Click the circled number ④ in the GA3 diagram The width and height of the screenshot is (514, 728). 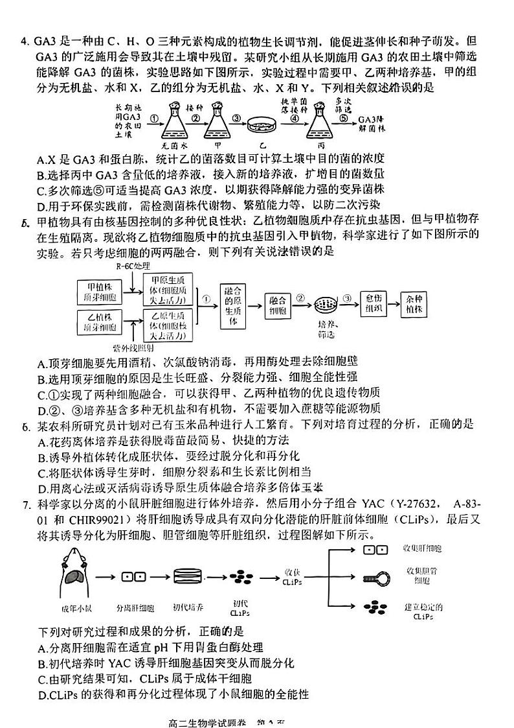[x=294, y=119]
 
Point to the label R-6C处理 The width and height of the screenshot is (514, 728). [x=133, y=266]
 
